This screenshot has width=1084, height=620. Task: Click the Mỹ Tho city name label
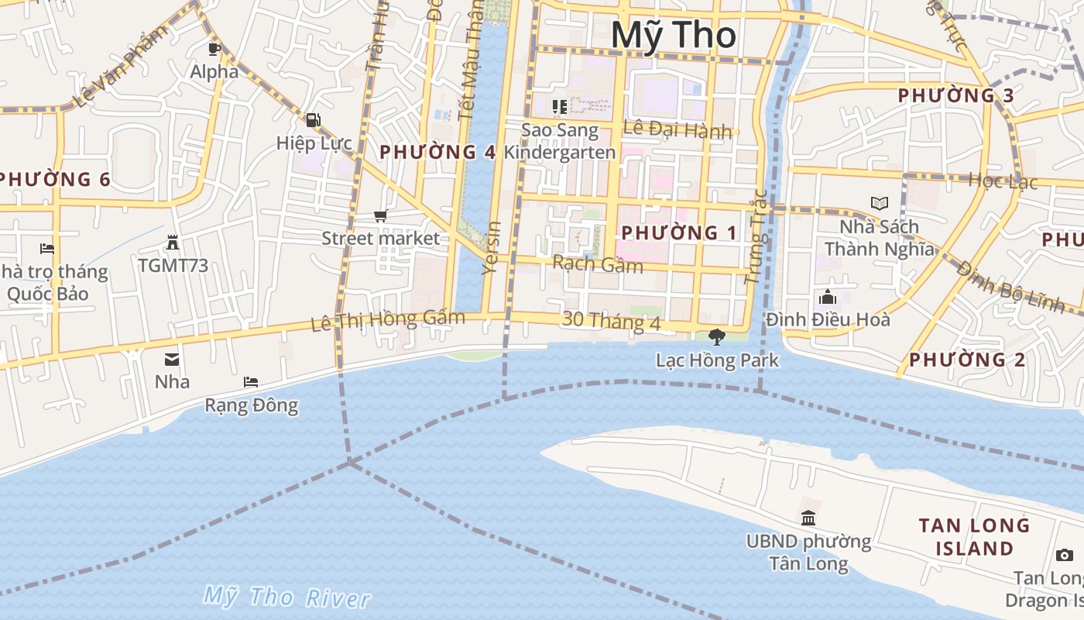click(x=673, y=36)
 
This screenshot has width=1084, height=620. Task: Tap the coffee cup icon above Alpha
click(x=214, y=49)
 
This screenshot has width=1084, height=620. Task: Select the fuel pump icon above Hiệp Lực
click(x=314, y=120)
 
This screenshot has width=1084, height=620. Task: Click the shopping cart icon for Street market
click(x=380, y=215)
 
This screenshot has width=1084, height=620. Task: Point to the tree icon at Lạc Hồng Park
click(x=717, y=337)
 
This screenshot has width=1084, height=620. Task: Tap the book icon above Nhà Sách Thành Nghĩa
click(x=879, y=204)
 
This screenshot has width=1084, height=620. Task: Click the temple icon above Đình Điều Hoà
click(x=827, y=297)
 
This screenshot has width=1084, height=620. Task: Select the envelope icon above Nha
click(x=172, y=360)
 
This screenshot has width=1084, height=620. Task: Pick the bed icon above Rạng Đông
click(x=251, y=382)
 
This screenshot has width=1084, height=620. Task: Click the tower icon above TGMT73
click(x=173, y=243)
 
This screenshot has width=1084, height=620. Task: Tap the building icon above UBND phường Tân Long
click(x=808, y=518)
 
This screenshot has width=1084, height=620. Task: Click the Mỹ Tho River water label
click(x=286, y=597)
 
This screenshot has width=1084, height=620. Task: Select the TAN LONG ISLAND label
click(x=974, y=537)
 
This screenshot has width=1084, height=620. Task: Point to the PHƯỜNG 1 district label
click(x=678, y=232)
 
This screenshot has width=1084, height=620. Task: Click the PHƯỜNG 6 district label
click(x=54, y=180)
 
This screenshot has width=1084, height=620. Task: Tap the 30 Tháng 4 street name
click(x=612, y=320)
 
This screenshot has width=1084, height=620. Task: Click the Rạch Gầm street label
click(x=597, y=264)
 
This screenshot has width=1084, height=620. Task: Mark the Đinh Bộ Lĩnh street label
click(x=1010, y=287)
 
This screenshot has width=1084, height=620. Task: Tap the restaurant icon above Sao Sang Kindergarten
click(x=559, y=106)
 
